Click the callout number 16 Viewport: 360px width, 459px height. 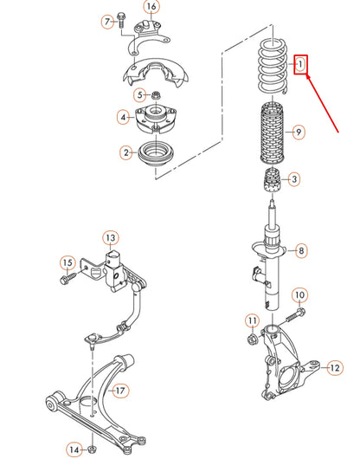tap(151, 6)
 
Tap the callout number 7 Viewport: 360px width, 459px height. tap(107, 22)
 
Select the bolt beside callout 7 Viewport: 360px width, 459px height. tap(120, 20)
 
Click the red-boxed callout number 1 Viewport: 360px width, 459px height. tap(300, 64)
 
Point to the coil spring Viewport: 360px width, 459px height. tap(273, 68)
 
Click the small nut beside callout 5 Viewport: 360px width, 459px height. tap(154, 95)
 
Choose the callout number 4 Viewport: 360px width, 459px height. tap(123, 118)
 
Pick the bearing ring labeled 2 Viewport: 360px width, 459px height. tap(156, 154)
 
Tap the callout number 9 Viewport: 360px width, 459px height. tap(298, 132)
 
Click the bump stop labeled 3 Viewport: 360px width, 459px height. tap(273, 180)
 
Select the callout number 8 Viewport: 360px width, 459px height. tap(301, 250)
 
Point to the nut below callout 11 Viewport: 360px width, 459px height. tap(252, 339)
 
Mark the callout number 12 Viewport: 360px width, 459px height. tap(335, 368)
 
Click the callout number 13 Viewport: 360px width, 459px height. tap(111, 238)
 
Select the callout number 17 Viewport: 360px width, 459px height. tap(120, 391)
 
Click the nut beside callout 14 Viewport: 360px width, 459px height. tap(92, 449)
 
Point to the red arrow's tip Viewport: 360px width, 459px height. tap(306, 75)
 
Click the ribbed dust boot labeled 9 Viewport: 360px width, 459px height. tap(273, 133)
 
